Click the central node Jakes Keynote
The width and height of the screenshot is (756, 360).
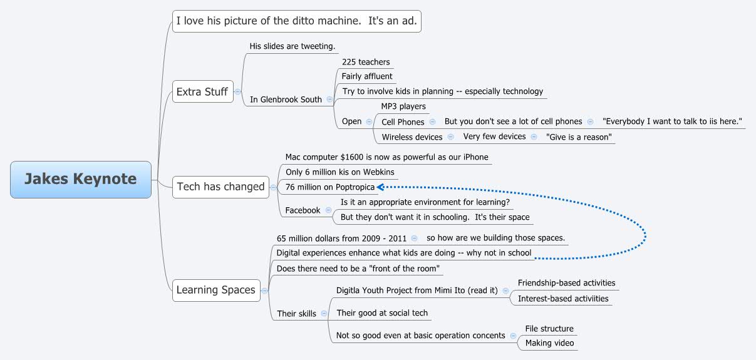tap(80, 179)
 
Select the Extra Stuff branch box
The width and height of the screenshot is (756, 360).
tap(202, 92)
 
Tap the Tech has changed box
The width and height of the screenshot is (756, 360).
tap(220, 187)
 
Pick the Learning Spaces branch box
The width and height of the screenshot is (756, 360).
tap(215, 290)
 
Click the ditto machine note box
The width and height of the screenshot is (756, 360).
tap(297, 21)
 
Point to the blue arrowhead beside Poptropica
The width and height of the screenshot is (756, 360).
tap(380, 187)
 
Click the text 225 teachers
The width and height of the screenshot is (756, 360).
tap(366, 62)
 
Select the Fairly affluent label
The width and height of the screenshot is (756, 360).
tap(367, 76)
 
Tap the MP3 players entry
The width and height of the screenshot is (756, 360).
tap(403, 106)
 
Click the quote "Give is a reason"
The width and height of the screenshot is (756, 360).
tap(579, 137)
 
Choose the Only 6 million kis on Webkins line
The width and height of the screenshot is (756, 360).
tap(340, 172)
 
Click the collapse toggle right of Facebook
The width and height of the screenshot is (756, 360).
tap(329, 210)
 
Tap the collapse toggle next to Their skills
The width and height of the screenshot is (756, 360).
tap(323, 314)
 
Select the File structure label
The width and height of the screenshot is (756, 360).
tap(549, 329)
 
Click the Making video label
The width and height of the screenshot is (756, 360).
tap(549, 343)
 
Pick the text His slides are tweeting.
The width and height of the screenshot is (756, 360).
tap(293, 46)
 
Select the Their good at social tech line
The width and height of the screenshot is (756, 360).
tap(382, 312)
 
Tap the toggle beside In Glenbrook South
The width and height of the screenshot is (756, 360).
tap(329, 100)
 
